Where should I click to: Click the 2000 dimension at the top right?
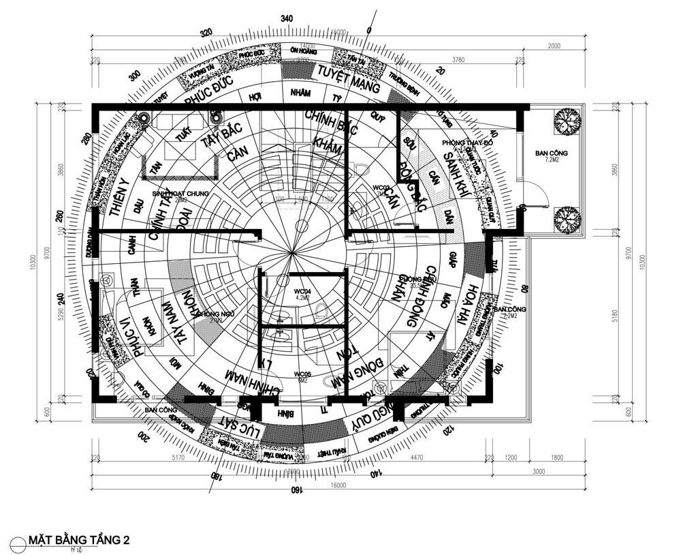point(554,46)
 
